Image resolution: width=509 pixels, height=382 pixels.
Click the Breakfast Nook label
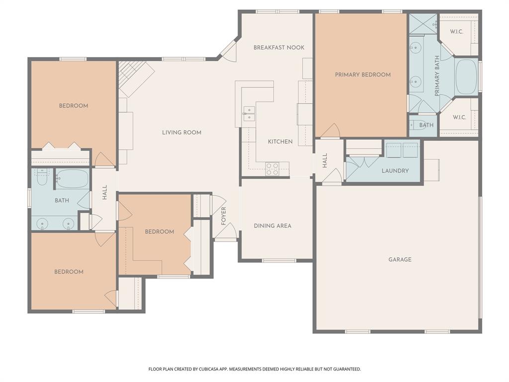click(x=279, y=48)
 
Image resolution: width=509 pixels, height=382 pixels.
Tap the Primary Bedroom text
click(x=362, y=75)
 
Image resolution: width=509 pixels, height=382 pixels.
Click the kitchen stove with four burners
click(x=272, y=169)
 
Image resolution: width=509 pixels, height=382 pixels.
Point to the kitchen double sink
click(x=249, y=114)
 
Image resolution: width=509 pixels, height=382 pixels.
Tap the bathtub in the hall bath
click(x=72, y=178)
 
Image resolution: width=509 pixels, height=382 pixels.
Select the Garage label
click(x=400, y=260)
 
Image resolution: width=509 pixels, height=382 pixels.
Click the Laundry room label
click(x=395, y=171)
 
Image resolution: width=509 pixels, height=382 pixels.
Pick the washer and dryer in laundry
click(x=402, y=150)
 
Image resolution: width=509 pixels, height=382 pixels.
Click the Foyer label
click(x=224, y=216)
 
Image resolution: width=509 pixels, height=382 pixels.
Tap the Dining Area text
click(x=272, y=226)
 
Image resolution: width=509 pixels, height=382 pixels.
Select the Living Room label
click(x=181, y=132)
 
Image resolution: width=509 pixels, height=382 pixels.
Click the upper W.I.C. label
click(x=457, y=32)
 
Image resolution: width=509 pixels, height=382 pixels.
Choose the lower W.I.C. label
click(x=459, y=118)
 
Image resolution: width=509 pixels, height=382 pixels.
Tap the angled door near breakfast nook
click(x=230, y=50)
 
